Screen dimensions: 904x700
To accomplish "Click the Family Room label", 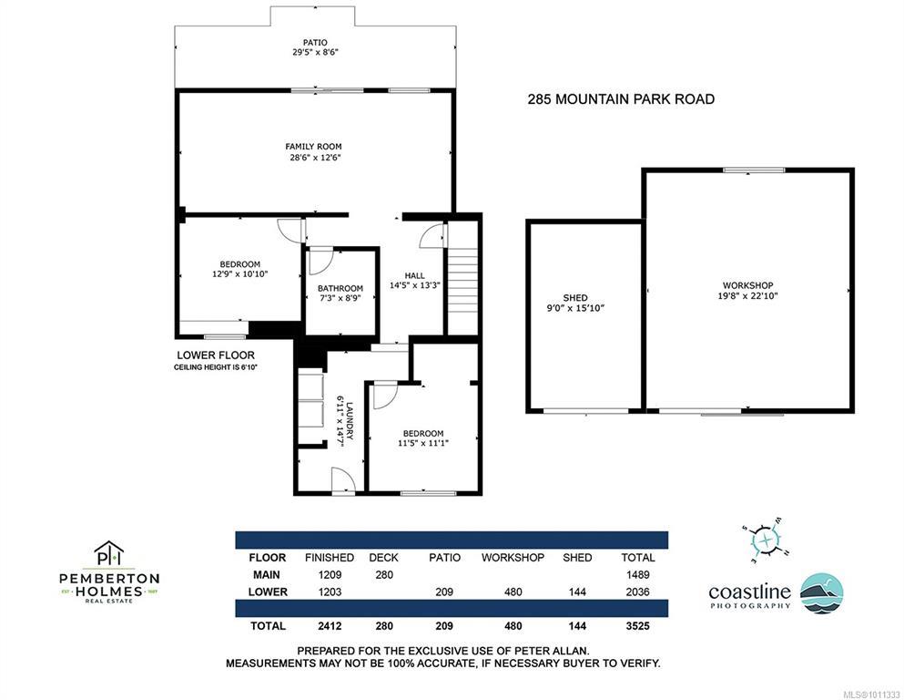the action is [313, 147].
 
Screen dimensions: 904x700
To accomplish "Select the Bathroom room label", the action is [340, 288].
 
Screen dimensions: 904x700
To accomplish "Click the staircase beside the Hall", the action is [463, 277].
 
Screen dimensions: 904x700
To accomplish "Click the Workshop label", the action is [747, 285].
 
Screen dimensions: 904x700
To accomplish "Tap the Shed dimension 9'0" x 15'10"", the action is [575, 308].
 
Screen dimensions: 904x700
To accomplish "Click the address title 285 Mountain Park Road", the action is [621, 99].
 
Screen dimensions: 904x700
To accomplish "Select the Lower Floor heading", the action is [216, 355].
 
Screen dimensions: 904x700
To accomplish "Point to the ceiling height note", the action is [215, 367].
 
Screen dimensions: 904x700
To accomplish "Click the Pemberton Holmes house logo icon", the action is [109, 553].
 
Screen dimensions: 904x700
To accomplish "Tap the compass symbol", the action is [766, 540].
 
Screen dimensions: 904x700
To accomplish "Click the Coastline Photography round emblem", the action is [822, 593].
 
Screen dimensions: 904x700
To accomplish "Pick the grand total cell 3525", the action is [637, 626].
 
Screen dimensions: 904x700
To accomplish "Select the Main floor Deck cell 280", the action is [384, 575].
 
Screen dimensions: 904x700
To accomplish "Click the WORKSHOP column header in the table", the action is [513, 558].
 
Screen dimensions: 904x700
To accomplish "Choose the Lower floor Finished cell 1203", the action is [330, 592].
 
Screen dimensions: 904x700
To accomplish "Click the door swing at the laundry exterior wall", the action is [342, 480].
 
